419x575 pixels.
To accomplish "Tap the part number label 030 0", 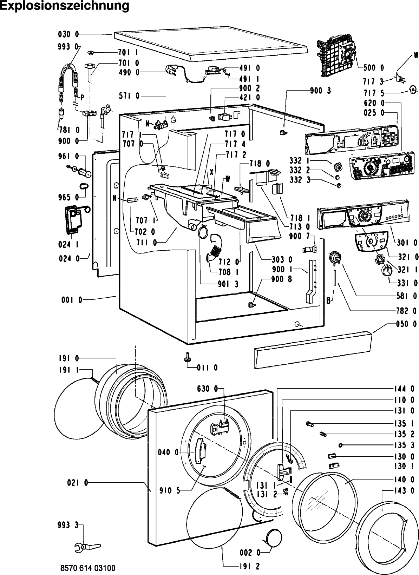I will coord(69,34).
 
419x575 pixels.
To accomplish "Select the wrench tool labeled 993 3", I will coord(87,547).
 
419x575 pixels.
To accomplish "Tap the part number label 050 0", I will coord(407,324).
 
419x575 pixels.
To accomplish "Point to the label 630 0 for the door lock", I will coord(208,389).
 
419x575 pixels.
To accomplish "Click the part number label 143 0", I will coord(407,490).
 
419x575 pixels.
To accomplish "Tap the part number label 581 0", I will coord(407,296).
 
